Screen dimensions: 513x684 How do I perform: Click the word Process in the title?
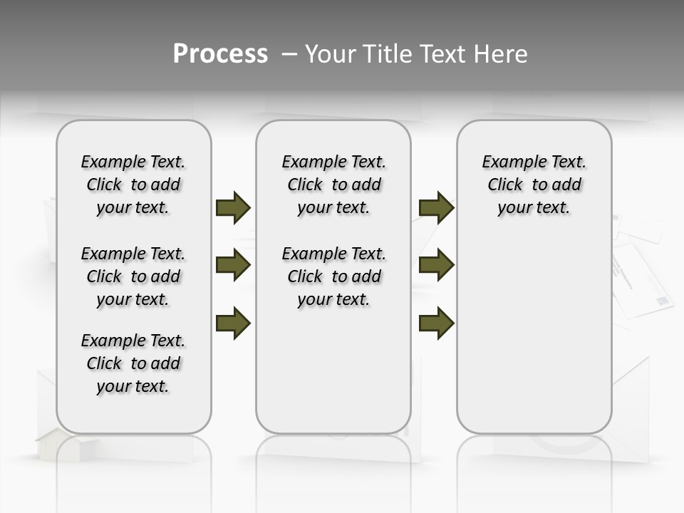coord(220,54)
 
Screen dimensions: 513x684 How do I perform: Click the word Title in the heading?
coord(385,54)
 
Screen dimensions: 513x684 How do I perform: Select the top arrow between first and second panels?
coord(233,207)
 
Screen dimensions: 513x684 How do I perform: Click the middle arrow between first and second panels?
coord(233,266)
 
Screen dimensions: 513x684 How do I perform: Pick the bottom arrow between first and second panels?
coord(233,323)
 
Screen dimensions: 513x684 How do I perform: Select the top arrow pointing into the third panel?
coord(436,207)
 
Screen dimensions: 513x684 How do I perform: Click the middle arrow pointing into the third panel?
coord(436,266)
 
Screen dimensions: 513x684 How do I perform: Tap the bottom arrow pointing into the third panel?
coord(436,323)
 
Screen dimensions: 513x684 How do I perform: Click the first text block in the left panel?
coord(133,185)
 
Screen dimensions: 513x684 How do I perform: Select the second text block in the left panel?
coord(133,276)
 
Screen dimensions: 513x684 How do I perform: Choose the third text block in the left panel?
coord(133,363)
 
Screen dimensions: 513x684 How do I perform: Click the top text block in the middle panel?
coord(333,185)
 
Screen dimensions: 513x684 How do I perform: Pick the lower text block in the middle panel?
coord(333,276)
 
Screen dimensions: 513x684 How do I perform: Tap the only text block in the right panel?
coord(534,185)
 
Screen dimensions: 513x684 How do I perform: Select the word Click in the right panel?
coord(505,185)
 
